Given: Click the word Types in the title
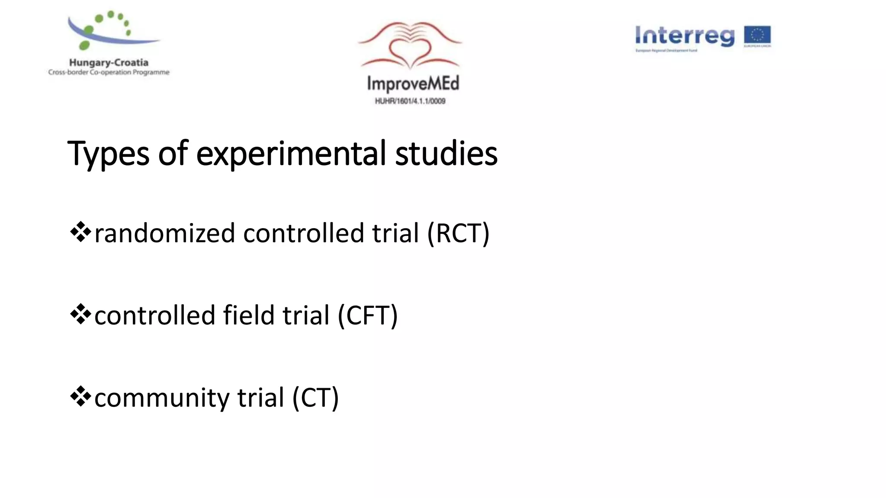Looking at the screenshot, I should (108, 154).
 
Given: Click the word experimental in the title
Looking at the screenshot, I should (291, 154).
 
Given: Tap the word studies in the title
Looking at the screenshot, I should (446, 154).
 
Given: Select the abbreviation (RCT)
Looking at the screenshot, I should (458, 233).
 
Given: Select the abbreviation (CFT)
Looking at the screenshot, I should (367, 316).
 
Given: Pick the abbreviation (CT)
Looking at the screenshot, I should (315, 398).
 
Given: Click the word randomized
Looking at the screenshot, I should (164, 233).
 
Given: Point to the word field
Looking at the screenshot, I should (249, 316).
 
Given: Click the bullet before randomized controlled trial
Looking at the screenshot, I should (80, 232).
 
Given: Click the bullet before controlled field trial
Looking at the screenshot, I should (80, 314).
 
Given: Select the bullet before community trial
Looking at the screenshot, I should (80, 396).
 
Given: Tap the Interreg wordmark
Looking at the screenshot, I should (684, 36).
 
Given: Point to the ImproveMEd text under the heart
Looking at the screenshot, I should (413, 83).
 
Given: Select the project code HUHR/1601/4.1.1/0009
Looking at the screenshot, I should (410, 101).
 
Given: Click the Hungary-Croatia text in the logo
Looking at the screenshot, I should (109, 63).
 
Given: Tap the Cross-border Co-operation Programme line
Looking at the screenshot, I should (109, 72).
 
